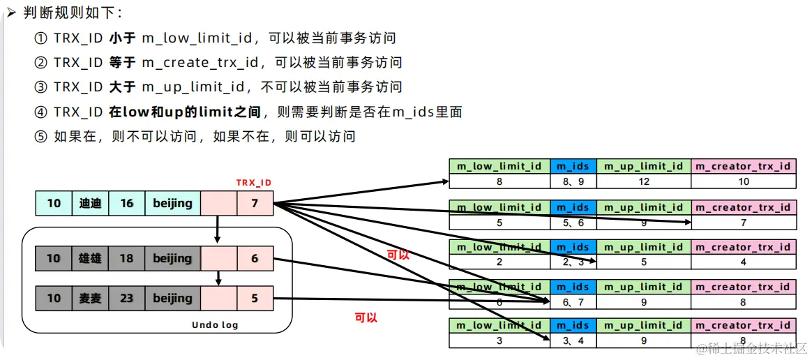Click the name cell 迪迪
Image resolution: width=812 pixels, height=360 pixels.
tap(90, 203)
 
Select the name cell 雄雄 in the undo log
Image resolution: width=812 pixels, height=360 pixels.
tap(90, 258)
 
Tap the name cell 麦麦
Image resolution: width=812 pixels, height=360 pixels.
tap(90, 298)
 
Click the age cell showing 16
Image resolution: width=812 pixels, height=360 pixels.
tap(126, 203)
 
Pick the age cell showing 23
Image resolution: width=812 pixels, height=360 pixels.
tap(126, 298)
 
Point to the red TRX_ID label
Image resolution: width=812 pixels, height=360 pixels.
tap(254, 183)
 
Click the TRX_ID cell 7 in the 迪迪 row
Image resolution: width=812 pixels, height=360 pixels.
tap(255, 203)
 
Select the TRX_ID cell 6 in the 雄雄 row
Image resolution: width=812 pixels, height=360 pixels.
tap(255, 258)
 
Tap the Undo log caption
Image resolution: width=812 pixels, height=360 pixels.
tap(215, 325)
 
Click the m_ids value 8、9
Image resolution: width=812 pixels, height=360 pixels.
tap(573, 181)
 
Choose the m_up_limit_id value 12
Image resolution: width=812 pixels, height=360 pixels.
tap(643, 181)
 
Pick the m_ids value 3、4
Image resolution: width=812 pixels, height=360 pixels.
tap(573, 341)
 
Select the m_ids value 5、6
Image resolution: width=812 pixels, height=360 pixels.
tap(573, 223)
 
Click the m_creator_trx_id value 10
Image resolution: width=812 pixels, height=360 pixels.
tap(743, 181)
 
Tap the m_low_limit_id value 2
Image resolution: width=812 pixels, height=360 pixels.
tap(499, 262)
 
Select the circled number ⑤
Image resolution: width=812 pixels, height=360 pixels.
tap(40, 136)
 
